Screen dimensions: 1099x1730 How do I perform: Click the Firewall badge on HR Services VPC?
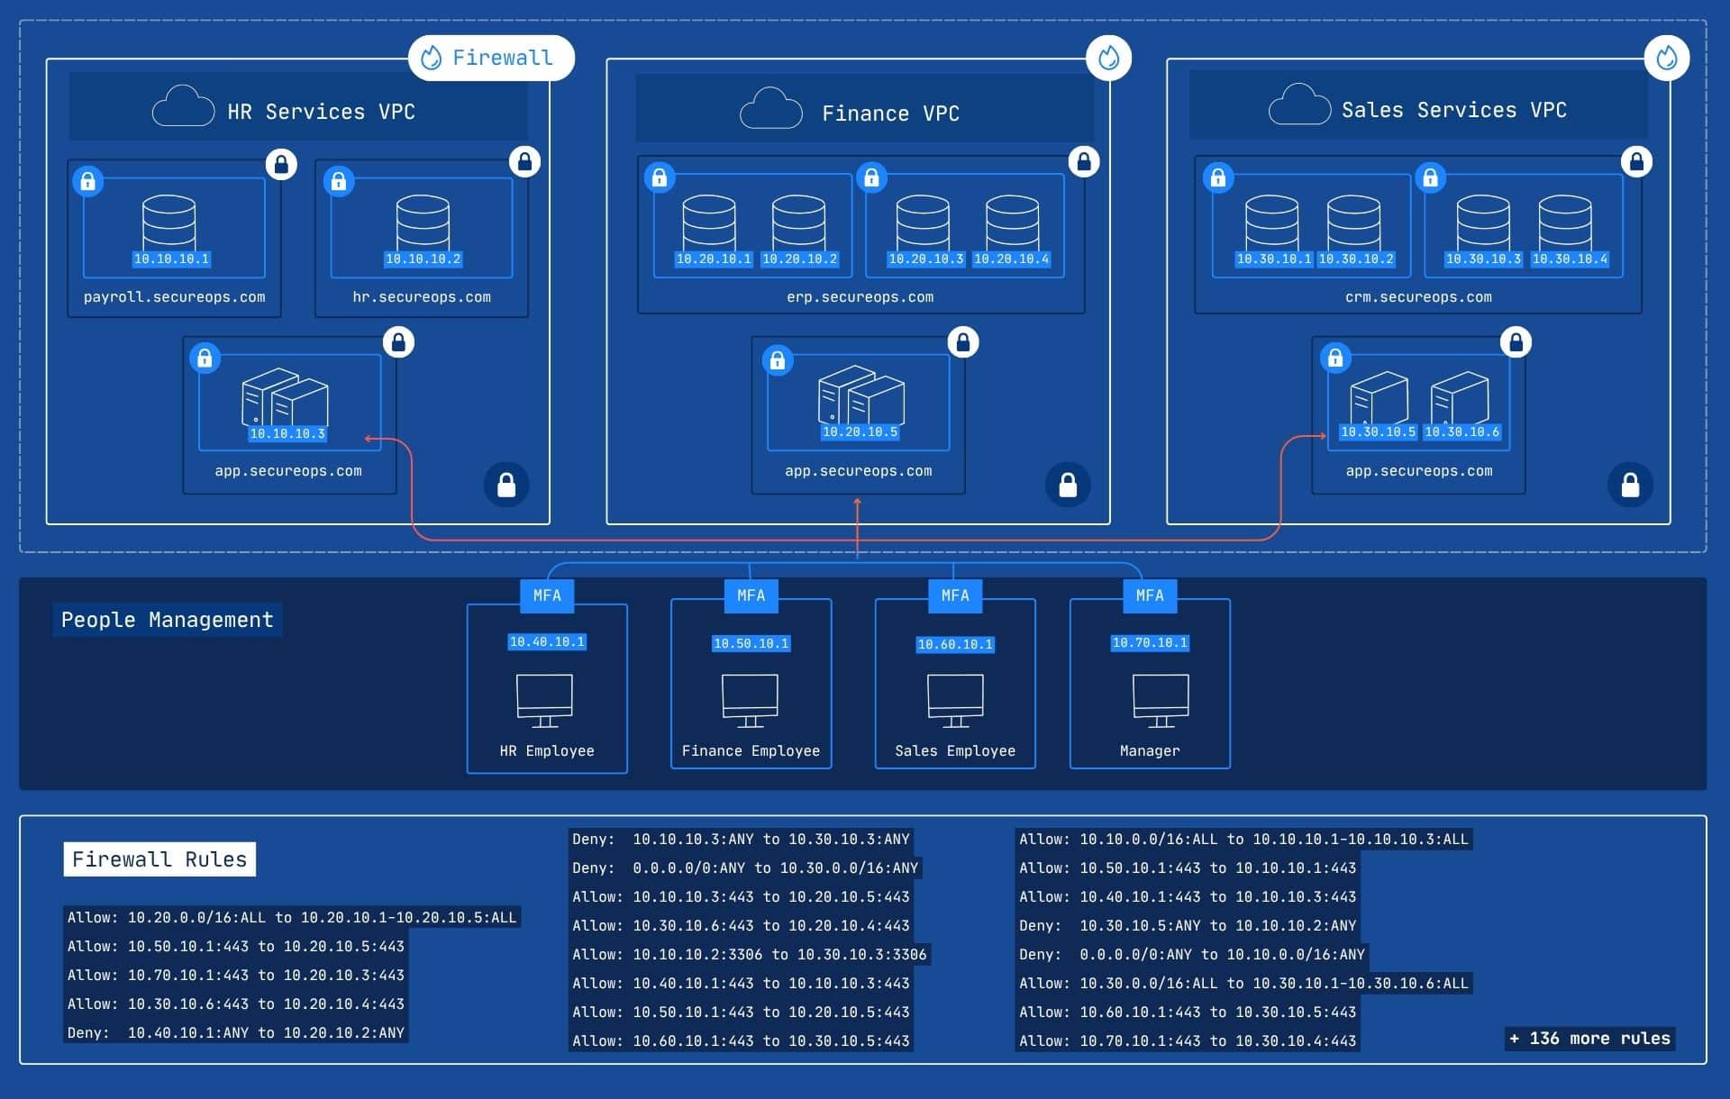click(x=491, y=58)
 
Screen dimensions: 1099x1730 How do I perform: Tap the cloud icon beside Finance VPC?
click(x=770, y=109)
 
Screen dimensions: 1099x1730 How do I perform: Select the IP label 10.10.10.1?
click(x=171, y=259)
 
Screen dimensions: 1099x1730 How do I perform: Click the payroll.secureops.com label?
click(x=174, y=297)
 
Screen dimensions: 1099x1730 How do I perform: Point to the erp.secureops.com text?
click(x=860, y=297)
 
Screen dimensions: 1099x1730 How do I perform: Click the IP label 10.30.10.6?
click(x=1461, y=432)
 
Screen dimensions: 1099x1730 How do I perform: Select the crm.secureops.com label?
click(x=1417, y=297)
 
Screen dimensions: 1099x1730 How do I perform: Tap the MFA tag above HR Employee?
click(x=547, y=595)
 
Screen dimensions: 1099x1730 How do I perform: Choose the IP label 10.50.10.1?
click(x=751, y=644)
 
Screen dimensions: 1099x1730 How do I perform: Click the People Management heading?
click(x=167, y=620)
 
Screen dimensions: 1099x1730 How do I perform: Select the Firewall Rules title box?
click(x=159, y=859)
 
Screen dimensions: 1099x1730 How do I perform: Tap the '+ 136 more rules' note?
click(x=1589, y=1039)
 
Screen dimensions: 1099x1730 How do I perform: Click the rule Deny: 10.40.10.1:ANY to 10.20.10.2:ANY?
click(x=235, y=1033)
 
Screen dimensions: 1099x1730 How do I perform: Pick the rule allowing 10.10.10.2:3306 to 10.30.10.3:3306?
click(x=749, y=955)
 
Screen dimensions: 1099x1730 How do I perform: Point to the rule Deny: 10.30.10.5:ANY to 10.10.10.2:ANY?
click(x=1187, y=926)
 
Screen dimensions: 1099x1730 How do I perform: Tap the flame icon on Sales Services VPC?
click(x=1666, y=58)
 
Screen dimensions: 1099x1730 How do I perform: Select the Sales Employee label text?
click(x=954, y=751)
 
